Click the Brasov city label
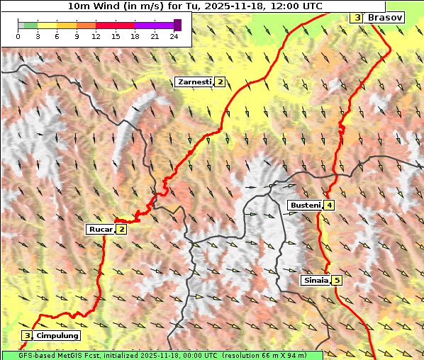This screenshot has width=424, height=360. [385, 17]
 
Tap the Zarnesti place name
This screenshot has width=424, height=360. [194, 82]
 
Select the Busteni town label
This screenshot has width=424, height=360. [304, 206]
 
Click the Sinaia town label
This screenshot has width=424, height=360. [316, 280]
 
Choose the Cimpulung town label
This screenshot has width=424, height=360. [57, 335]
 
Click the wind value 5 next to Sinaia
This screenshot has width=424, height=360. [336, 280]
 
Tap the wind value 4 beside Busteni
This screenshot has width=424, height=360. [329, 206]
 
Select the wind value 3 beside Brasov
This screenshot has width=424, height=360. [357, 17]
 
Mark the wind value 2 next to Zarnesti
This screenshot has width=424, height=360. [220, 82]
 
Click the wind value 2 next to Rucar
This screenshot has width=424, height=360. [121, 229]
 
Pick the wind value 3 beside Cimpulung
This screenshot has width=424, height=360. [27, 335]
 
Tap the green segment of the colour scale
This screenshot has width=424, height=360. [30, 25]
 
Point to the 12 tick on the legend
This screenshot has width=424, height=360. [95, 36]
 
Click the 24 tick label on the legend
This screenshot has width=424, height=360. [174, 36]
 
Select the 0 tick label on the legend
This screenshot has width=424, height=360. [18, 36]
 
